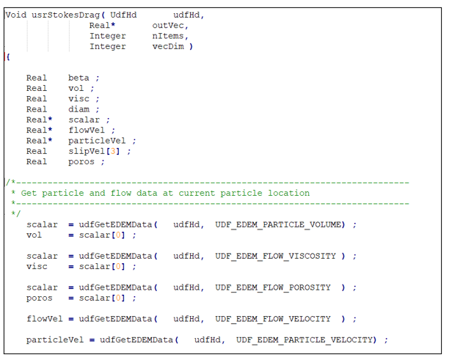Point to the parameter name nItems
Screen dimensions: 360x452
168,36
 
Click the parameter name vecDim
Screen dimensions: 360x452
168,46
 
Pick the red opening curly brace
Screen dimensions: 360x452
7,56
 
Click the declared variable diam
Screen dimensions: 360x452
79,109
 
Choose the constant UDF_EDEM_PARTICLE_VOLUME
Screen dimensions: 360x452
280,224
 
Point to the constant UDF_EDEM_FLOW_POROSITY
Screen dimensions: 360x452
273,287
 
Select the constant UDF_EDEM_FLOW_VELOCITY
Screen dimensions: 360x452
273,319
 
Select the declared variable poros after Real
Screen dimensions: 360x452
81,161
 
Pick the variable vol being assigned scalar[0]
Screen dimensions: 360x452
34,235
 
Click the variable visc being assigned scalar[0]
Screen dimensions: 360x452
37,267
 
